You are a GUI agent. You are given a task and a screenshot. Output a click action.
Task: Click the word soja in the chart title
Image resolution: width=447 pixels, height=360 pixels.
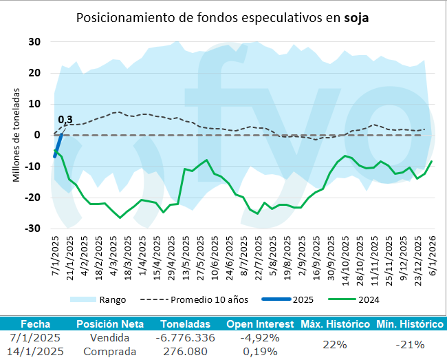point(356,18)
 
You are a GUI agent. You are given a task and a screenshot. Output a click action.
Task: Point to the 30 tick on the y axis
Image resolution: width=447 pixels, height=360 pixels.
point(35,41)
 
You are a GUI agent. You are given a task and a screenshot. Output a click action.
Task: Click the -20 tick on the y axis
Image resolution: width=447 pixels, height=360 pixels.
point(32,198)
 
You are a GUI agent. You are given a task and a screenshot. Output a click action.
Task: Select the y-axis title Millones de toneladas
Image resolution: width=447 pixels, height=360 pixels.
point(16,134)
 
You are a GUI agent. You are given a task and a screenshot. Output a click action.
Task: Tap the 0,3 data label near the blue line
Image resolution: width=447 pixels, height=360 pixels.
point(65,120)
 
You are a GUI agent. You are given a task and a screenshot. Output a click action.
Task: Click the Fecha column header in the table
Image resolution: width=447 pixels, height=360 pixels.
point(35,324)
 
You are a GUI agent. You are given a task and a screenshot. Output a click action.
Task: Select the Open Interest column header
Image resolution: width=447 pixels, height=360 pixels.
point(259,324)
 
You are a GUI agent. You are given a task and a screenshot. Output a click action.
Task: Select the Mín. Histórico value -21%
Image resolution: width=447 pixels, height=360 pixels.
point(408,344)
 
